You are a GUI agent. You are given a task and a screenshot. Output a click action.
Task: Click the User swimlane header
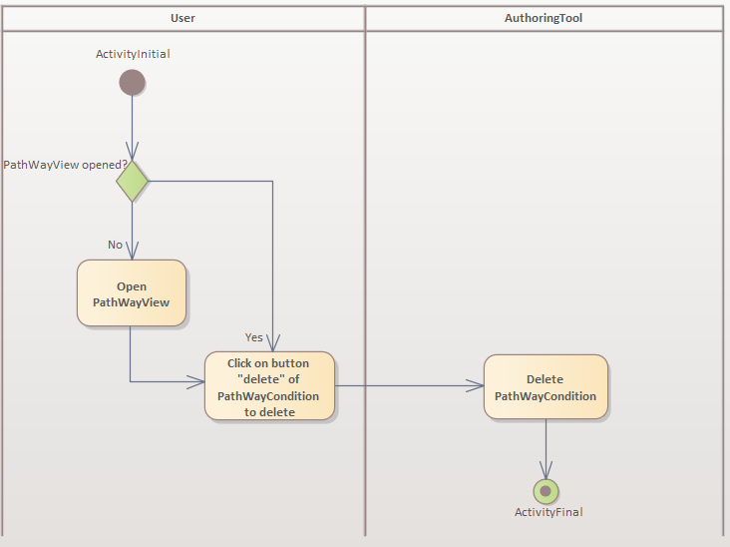(182, 17)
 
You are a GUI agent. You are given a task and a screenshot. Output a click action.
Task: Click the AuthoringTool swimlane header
(544, 17)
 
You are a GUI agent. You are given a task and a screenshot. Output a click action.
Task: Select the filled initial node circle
(132, 82)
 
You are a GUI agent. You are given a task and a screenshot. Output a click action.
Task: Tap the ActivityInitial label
(133, 54)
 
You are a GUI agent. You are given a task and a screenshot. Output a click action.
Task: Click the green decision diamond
(132, 183)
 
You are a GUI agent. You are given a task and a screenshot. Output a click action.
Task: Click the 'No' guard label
(115, 245)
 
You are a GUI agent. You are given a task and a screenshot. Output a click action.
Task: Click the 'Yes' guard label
(254, 337)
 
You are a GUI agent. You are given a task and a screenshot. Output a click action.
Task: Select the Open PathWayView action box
(132, 293)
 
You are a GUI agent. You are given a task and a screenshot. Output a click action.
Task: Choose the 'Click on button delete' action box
(269, 386)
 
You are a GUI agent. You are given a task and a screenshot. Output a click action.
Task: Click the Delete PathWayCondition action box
(546, 387)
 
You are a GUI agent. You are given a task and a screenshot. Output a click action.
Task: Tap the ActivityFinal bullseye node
(546, 491)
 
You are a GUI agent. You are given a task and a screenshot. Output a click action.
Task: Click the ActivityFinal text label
(548, 512)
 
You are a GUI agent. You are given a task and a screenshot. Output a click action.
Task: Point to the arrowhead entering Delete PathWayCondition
(477, 386)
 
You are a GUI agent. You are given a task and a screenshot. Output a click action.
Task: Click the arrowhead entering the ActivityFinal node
(546, 471)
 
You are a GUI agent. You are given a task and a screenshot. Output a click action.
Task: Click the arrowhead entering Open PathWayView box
(132, 253)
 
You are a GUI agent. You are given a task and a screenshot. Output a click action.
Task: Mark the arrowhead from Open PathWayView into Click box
(197, 381)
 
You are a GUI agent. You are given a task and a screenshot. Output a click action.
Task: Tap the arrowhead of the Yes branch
(272, 344)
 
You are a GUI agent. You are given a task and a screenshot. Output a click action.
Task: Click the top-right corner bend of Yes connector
(272, 182)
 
